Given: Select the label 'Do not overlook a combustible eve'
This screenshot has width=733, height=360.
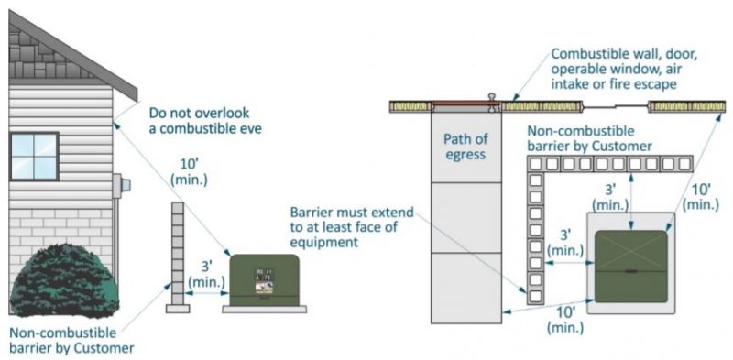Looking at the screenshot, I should [206, 122].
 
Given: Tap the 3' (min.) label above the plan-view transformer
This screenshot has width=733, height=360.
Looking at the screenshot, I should [609, 198].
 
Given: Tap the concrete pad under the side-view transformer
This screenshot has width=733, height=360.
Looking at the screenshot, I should [264, 309].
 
